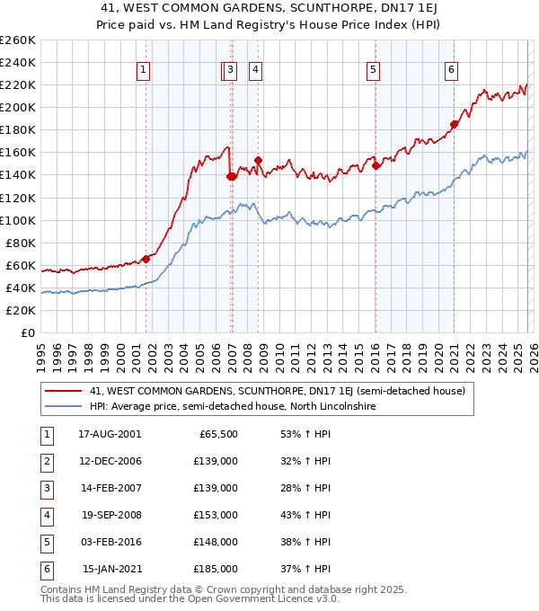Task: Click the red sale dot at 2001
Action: point(146,259)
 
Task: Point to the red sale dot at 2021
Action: point(455,124)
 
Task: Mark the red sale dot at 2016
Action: point(376,165)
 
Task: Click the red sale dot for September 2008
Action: point(258,160)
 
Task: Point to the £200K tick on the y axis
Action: point(18,107)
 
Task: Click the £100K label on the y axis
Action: point(18,220)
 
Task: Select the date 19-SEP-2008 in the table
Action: point(111,515)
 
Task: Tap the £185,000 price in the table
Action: point(216,569)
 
